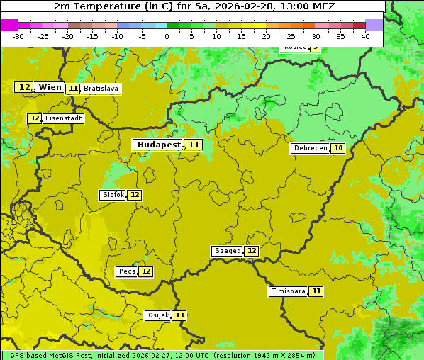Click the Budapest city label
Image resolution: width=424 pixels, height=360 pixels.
tap(159, 145)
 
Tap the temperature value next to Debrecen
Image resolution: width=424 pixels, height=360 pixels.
tap(338, 148)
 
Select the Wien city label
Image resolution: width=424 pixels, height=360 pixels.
tap(50, 87)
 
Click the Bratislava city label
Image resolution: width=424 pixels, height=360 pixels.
tap(100, 89)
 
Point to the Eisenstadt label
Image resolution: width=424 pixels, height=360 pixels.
tap(63, 118)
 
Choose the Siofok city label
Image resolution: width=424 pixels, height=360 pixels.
tap(113, 195)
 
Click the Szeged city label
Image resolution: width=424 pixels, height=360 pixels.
tap(227, 251)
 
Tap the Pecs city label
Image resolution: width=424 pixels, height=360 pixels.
tap(127, 271)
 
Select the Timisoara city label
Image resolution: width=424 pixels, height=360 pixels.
tap(289, 291)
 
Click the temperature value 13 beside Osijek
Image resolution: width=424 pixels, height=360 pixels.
tap(180, 315)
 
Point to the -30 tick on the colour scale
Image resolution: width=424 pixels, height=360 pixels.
tap(18, 36)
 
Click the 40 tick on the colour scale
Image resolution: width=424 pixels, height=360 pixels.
tap(365, 36)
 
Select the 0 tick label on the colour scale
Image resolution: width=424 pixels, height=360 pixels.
tap(167, 36)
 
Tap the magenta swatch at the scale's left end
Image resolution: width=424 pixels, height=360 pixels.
tap(9, 25)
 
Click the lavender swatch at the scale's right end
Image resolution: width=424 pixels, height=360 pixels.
tap(374, 25)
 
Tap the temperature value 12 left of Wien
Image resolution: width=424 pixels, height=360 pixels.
tap(24, 87)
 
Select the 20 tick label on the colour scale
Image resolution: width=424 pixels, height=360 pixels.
tap(266, 36)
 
